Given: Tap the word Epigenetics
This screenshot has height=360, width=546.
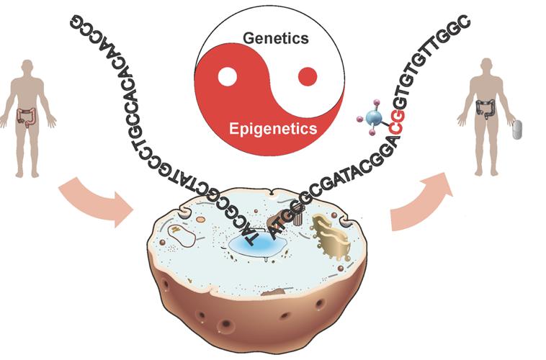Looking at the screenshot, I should [273, 130].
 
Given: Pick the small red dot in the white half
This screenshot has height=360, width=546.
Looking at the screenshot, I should [308, 75].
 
